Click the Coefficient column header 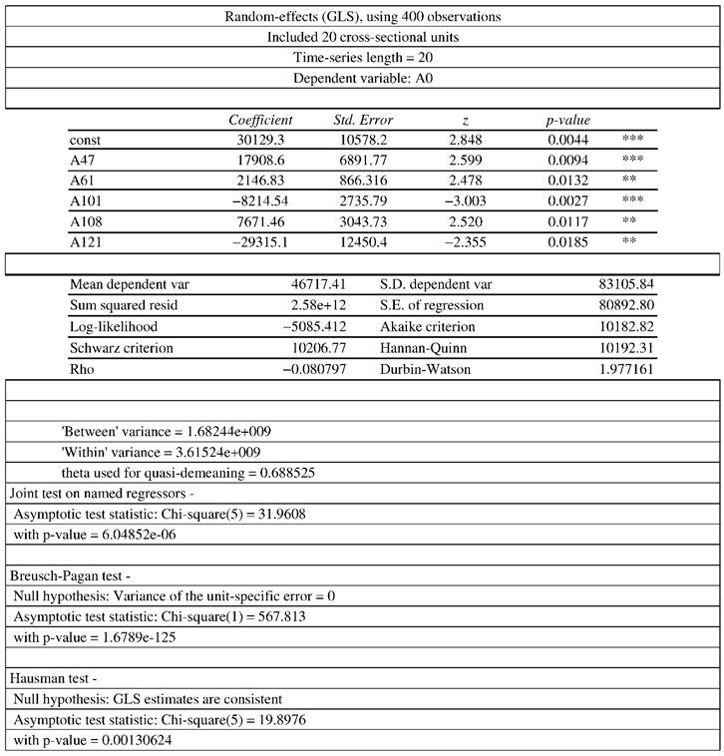[259, 121]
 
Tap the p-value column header [568, 121]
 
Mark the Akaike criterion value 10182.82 [627, 326]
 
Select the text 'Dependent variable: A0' [363, 78]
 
